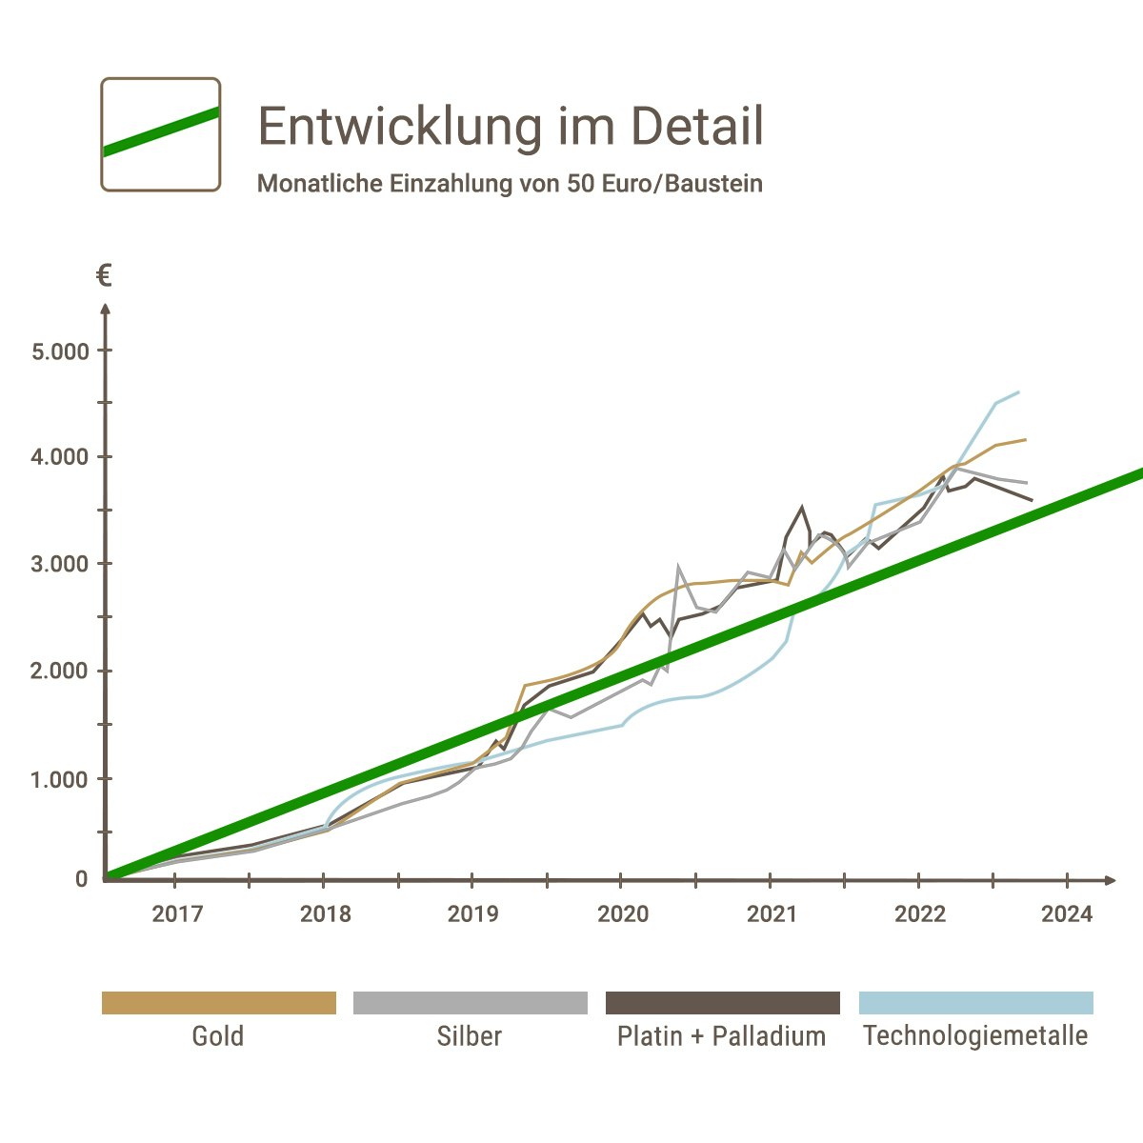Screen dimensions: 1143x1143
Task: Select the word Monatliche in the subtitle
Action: [319, 184]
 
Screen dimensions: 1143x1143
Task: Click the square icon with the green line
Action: [161, 134]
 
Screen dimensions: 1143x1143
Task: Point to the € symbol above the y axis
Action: [104, 276]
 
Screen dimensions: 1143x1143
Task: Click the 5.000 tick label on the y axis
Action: [60, 351]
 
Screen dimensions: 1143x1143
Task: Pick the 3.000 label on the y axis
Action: [60, 565]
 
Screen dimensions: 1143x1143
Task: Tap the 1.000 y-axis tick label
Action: [60, 779]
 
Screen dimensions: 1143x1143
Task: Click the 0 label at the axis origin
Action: [82, 879]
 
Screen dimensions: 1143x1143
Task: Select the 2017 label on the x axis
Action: [177, 914]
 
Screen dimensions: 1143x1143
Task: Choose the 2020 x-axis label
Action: [623, 914]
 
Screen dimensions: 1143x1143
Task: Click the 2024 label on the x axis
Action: [1067, 914]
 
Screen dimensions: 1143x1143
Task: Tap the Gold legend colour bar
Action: [219, 1003]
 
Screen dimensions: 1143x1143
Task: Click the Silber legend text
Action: [470, 1036]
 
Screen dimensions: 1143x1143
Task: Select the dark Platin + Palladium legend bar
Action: [723, 1003]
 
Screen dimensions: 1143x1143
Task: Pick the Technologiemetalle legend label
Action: [975, 1036]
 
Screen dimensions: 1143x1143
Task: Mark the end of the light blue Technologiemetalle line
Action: [1019, 391]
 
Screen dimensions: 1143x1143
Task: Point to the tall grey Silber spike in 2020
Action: [678, 566]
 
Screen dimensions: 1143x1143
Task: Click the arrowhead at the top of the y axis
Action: [106, 309]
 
